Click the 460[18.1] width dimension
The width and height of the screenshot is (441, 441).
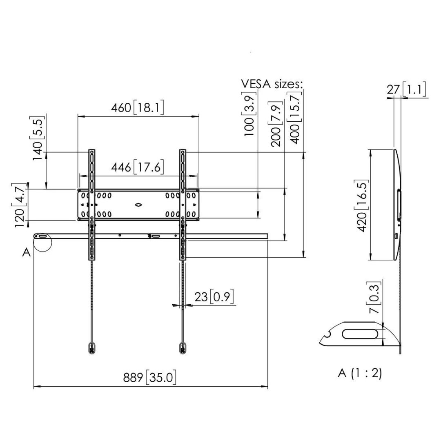(x=138, y=108)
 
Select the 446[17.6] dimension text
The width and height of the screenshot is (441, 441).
(x=138, y=167)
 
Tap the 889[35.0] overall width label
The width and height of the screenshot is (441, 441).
(x=150, y=377)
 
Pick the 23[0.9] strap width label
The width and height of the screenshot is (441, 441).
(x=214, y=297)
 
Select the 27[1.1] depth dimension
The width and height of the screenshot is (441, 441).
(x=406, y=89)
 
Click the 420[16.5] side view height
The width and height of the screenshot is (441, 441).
(x=362, y=205)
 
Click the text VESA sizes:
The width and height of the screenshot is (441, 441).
(x=272, y=85)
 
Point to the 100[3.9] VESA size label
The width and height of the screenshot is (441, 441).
(x=250, y=114)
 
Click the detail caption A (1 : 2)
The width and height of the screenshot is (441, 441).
(x=360, y=373)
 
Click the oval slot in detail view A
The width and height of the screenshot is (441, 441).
(x=358, y=333)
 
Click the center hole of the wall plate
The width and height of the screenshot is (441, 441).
(x=138, y=205)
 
